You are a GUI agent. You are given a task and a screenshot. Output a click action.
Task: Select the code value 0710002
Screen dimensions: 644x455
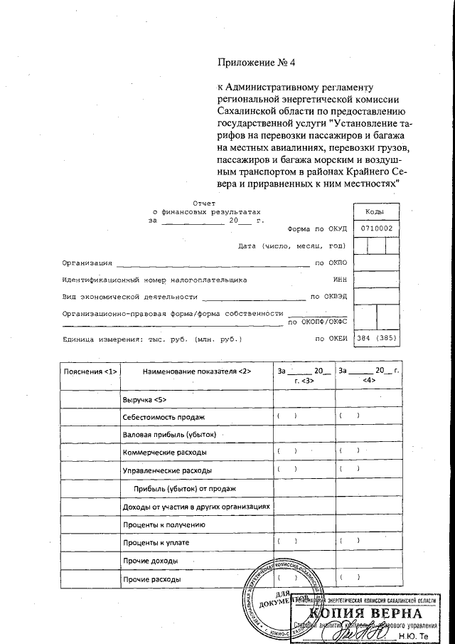[x=376, y=228]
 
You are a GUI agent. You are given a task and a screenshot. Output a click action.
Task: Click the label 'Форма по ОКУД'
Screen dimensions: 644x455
[x=316, y=230]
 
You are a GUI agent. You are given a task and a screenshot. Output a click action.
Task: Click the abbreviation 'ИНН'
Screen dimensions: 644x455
[x=340, y=280]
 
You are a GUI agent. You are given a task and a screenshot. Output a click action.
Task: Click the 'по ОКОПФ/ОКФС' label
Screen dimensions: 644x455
[x=317, y=322]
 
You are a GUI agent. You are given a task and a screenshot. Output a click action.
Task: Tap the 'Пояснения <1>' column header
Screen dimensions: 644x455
[x=90, y=372]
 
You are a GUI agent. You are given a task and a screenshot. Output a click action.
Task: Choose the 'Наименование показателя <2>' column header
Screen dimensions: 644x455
[x=197, y=372]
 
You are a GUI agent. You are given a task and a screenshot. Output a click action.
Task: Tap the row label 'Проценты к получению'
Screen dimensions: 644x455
[x=164, y=524]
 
